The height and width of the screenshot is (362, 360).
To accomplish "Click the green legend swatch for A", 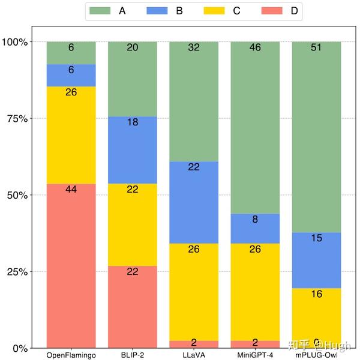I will click(100, 10).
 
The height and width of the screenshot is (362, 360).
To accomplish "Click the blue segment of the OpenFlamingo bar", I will click(71, 75).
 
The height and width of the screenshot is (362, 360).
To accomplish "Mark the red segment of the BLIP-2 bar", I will click(133, 306).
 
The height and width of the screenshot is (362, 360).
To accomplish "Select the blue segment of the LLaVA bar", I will click(194, 202).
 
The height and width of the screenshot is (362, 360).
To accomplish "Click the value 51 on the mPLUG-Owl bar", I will click(316, 47).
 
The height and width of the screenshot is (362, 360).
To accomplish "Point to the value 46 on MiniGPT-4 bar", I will click(255, 47).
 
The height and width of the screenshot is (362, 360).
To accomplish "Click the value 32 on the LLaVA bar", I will click(194, 47).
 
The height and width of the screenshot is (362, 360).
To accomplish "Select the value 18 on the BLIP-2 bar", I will click(133, 122).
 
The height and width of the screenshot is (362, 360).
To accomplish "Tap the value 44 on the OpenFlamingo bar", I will click(71, 189).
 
